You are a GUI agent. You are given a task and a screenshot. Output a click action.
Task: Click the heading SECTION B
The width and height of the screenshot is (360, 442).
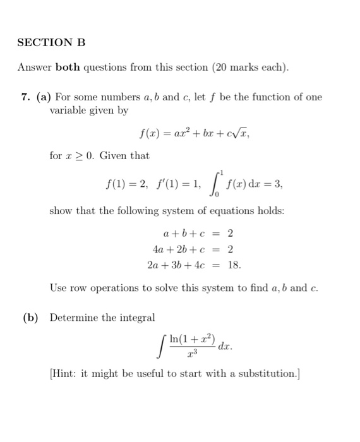pos(51,43)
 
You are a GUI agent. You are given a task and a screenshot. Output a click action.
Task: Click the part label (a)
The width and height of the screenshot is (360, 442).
pos(44,97)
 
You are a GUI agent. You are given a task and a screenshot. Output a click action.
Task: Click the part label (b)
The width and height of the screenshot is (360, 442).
pos(30,316)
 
